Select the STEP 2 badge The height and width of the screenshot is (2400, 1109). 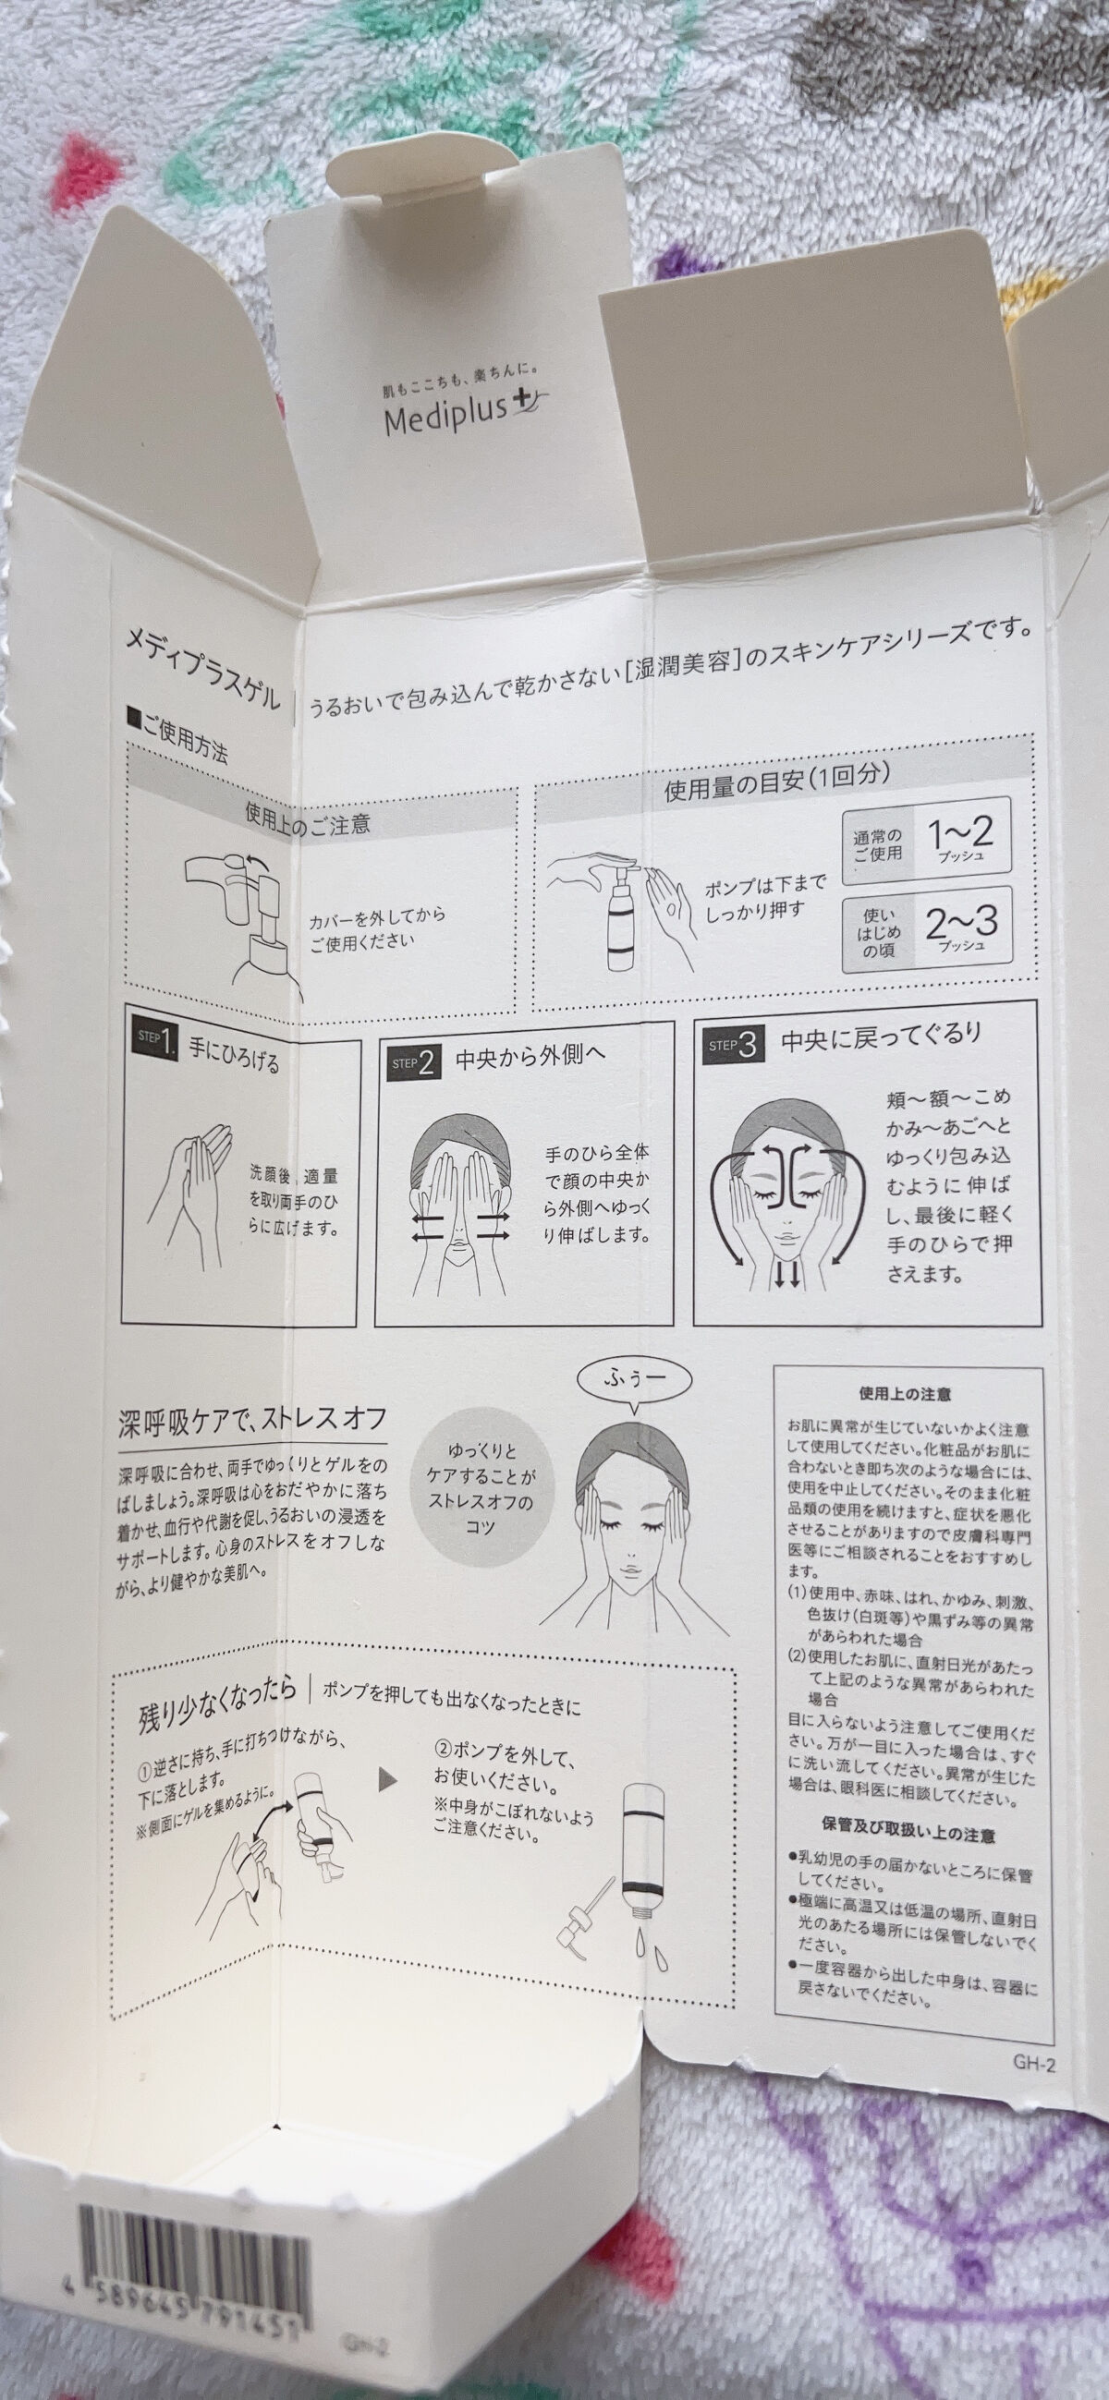pyautogui.click(x=412, y=1061)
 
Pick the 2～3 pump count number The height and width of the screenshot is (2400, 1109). pyautogui.click(x=961, y=923)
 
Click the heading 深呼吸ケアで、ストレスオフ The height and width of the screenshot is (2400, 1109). pyautogui.click(x=252, y=1422)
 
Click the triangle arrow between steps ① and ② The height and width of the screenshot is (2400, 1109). pyautogui.click(x=387, y=1778)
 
